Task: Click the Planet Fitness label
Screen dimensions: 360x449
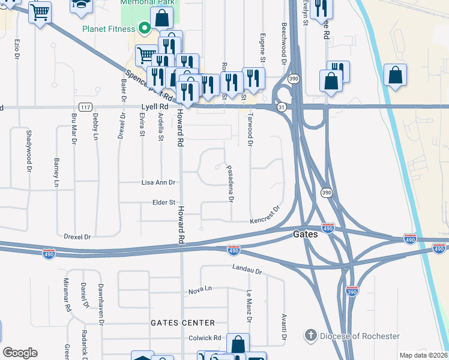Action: (x=109, y=27)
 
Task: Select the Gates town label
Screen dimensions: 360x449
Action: (x=305, y=234)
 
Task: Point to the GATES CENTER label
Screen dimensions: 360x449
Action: (x=182, y=322)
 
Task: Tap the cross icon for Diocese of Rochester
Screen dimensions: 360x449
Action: (x=310, y=334)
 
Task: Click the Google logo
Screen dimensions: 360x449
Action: (x=20, y=353)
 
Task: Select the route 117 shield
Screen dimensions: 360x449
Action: (x=86, y=107)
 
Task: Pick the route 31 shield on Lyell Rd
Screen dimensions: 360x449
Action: (x=281, y=107)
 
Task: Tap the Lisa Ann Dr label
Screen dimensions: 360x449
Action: (x=158, y=182)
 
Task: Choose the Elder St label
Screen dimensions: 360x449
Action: (x=163, y=203)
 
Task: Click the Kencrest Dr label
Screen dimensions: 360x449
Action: (x=265, y=215)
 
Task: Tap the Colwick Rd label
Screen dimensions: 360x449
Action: (x=206, y=338)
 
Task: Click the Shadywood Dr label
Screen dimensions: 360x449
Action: (x=28, y=150)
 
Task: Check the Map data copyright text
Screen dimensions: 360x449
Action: (x=423, y=355)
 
